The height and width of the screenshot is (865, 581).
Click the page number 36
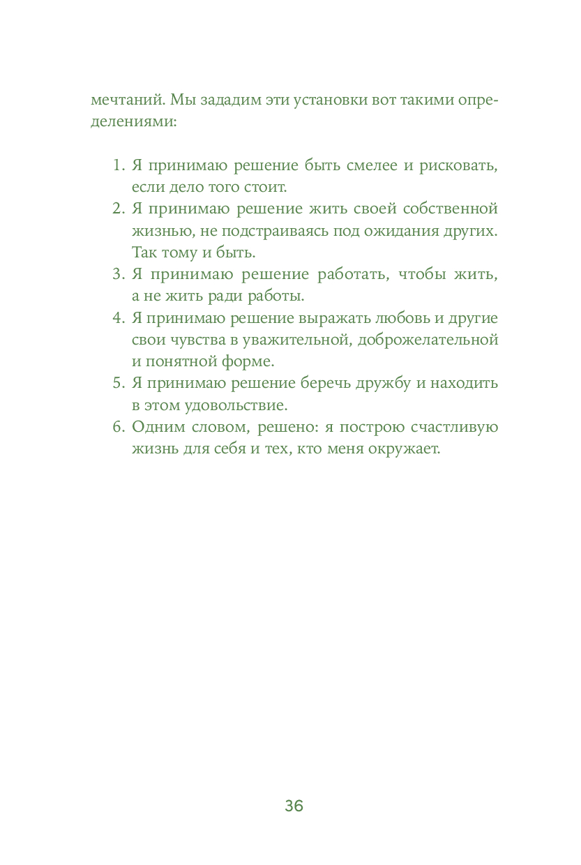[294, 806]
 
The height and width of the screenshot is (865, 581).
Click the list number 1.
[118, 166]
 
